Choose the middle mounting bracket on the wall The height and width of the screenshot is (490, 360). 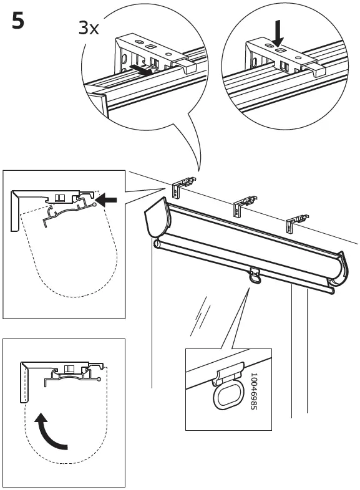[243, 204]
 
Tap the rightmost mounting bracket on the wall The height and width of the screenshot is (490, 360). [296, 221]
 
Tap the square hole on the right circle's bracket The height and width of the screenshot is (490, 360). [280, 47]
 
